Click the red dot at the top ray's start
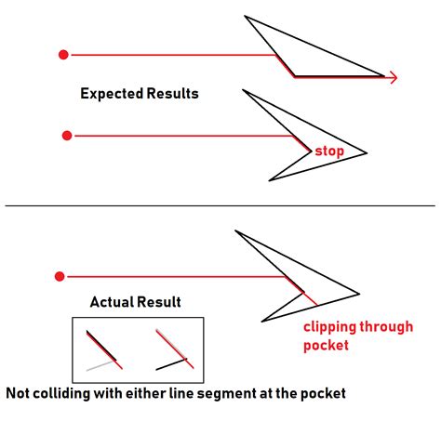click(63, 54)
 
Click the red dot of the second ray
click(66, 136)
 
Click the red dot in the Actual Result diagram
click(60, 276)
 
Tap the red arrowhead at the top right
click(394, 77)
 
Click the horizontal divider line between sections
click(220, 205)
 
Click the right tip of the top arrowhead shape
click(384, 75)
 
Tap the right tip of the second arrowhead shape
click(367, 153)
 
